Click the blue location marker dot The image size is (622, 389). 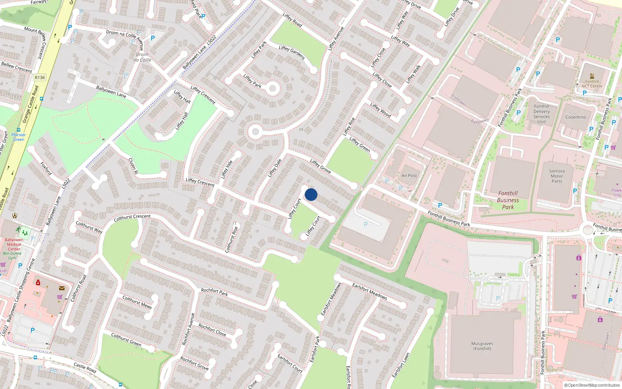[311, 194]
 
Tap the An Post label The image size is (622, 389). [409, 175]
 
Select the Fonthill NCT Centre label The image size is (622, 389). [592, 84]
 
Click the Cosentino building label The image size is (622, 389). [575, 117]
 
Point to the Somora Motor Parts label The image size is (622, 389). [557, 176]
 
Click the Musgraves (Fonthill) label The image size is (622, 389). [482, 346]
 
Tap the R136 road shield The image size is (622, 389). [40, 77]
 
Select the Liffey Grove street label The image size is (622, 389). [320, 166]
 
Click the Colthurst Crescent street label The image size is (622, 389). [132, 217]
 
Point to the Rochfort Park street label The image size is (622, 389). [214, 292]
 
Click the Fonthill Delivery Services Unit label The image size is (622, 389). [542, 114]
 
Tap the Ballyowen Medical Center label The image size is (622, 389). [14, 244]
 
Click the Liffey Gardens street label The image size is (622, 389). [292, 53]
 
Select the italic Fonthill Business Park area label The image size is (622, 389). [508, 200]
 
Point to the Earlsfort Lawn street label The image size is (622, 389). [401, 365]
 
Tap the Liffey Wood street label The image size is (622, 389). [381, 110]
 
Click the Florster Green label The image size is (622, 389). [18, 137]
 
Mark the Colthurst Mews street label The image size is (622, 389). [137, 302]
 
